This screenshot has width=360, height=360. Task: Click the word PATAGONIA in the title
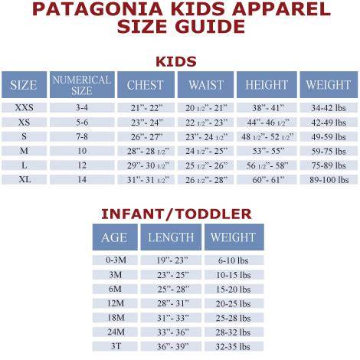(x=97, y=9)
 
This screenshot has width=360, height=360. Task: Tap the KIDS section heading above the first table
(x=176, y=61)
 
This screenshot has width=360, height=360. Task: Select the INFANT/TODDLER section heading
(x=176, y=214)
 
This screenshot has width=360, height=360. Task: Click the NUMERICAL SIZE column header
(x=82, y=85)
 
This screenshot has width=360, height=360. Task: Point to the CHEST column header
(x=146, y=85)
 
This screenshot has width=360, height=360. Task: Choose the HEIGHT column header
(x=267, y=85)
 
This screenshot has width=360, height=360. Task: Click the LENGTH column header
(x=171, y=237)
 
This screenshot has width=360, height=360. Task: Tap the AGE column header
(x=114, y=237)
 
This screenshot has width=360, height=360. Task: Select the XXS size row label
(x=24, y=107)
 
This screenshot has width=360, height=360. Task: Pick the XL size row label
(x=25, y=179)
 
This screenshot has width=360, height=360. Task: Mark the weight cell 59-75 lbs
(x=329, y=152)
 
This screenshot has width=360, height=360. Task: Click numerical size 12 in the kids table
(x=82, y=165)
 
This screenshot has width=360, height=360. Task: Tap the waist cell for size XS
(x=206, y=123)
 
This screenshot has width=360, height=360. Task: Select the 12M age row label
(x=116, y=303)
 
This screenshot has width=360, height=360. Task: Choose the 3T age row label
(x=116, y=346)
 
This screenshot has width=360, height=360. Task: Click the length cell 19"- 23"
(x=172, y=260)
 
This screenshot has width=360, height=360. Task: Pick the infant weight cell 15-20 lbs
(x=234, y=290)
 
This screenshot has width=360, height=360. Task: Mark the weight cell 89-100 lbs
(x=329, y=180)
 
